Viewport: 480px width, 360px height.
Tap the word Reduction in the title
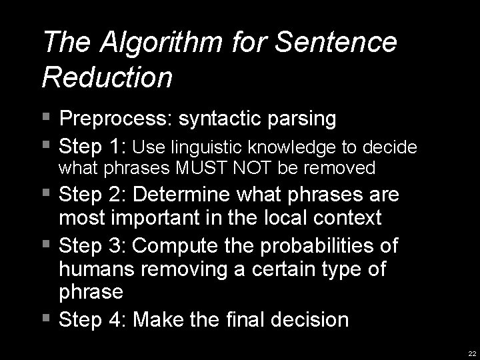coord(107,77)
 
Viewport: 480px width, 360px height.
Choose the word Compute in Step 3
coord(181,245)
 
